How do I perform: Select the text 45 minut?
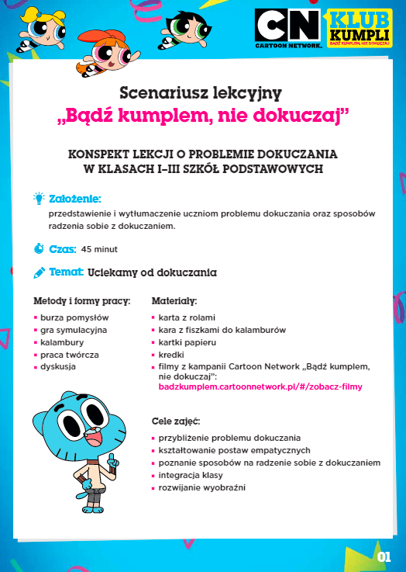[x=99, y=250]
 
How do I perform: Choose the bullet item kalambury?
[x=62, y=341]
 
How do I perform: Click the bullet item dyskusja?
[x=59, y=366]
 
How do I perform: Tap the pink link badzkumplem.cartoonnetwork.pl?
[x=260, y=386]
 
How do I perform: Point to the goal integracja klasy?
[x=191, y=475]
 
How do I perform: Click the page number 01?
[x=384, y=556]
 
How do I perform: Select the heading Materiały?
[x=174, y=300]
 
